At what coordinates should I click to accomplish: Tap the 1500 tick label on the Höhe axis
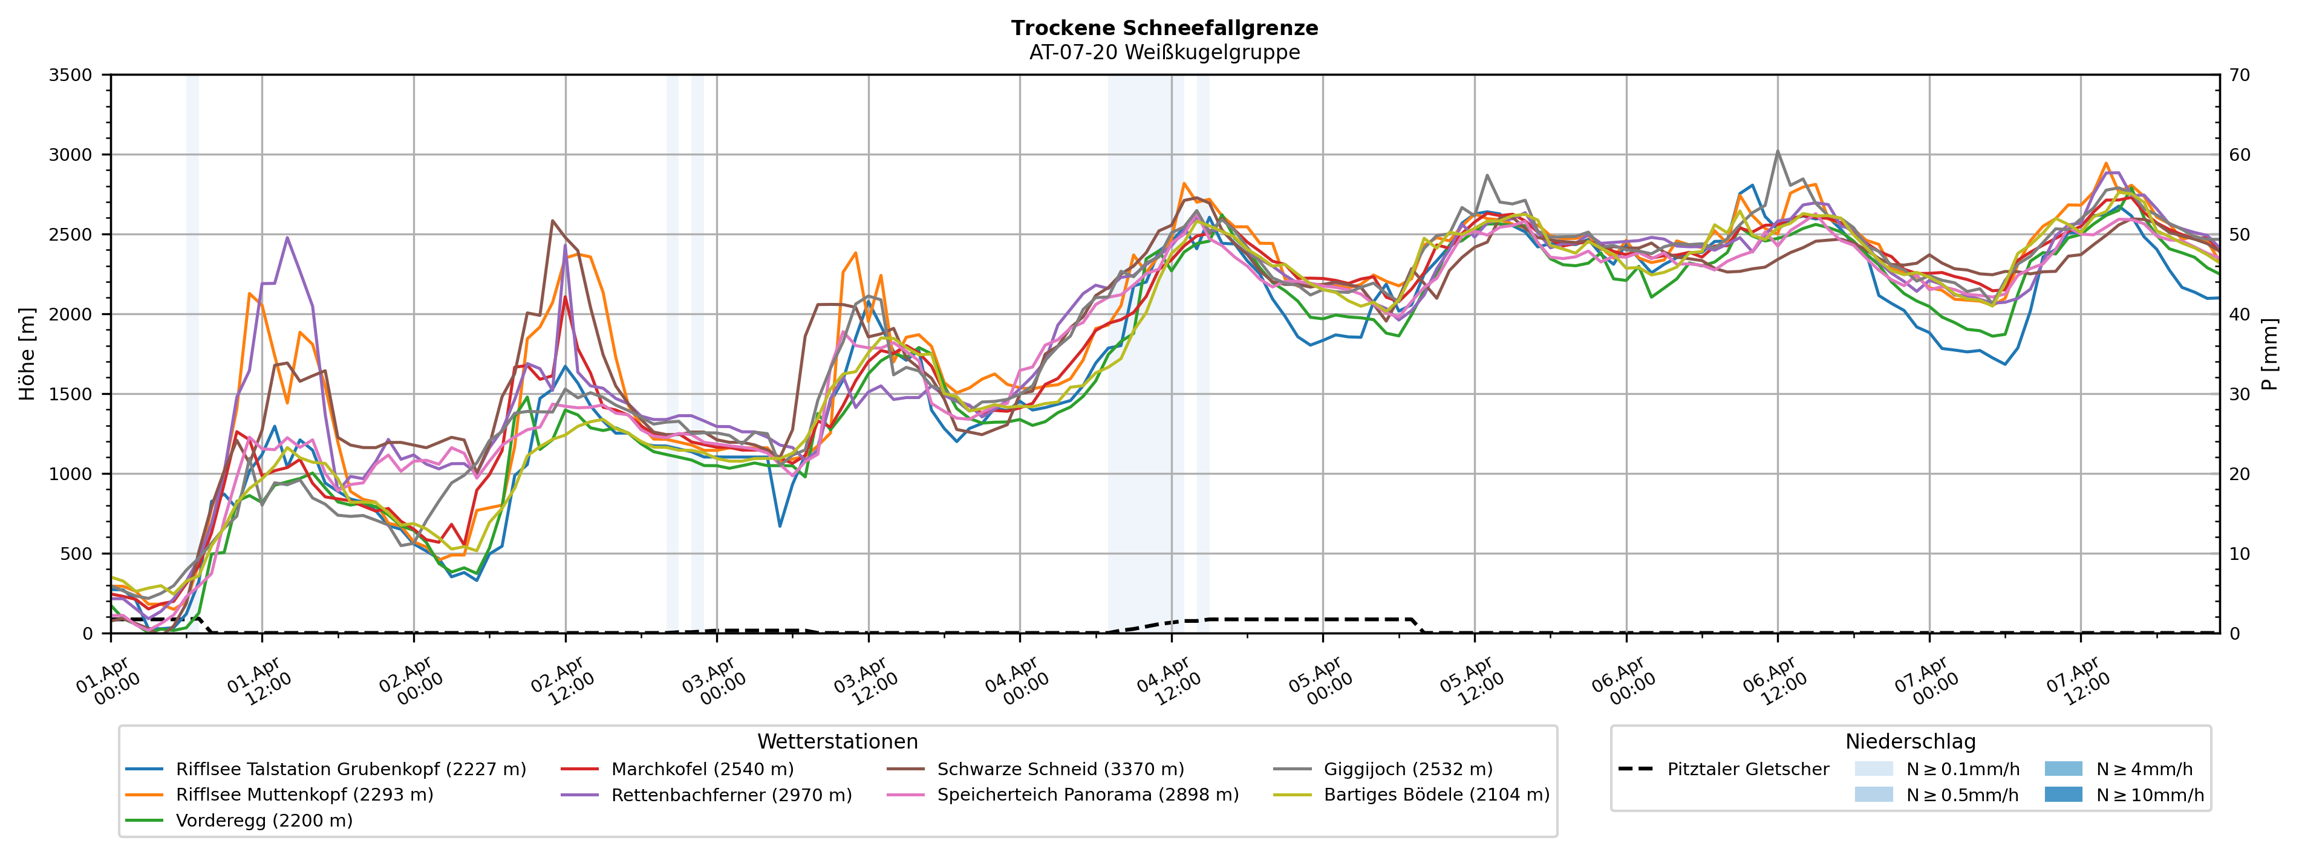[x=71, y=394]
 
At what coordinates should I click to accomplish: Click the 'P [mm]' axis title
[x=2271, y=353]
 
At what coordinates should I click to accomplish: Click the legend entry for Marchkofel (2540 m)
[x=702, y=769]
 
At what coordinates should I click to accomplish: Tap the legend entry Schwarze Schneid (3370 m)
[x=1060, y=769]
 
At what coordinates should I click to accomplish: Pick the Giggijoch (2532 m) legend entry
[x=1407, y=769]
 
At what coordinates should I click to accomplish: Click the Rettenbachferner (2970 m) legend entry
[x=731, y=795]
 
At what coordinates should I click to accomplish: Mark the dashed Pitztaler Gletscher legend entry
[x=1747, y=769]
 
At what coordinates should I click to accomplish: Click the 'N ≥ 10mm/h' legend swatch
[x=2063, y=795]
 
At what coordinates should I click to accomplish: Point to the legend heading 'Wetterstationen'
[x=837, y=742]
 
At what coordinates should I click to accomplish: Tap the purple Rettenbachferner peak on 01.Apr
[x=287, y=238]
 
